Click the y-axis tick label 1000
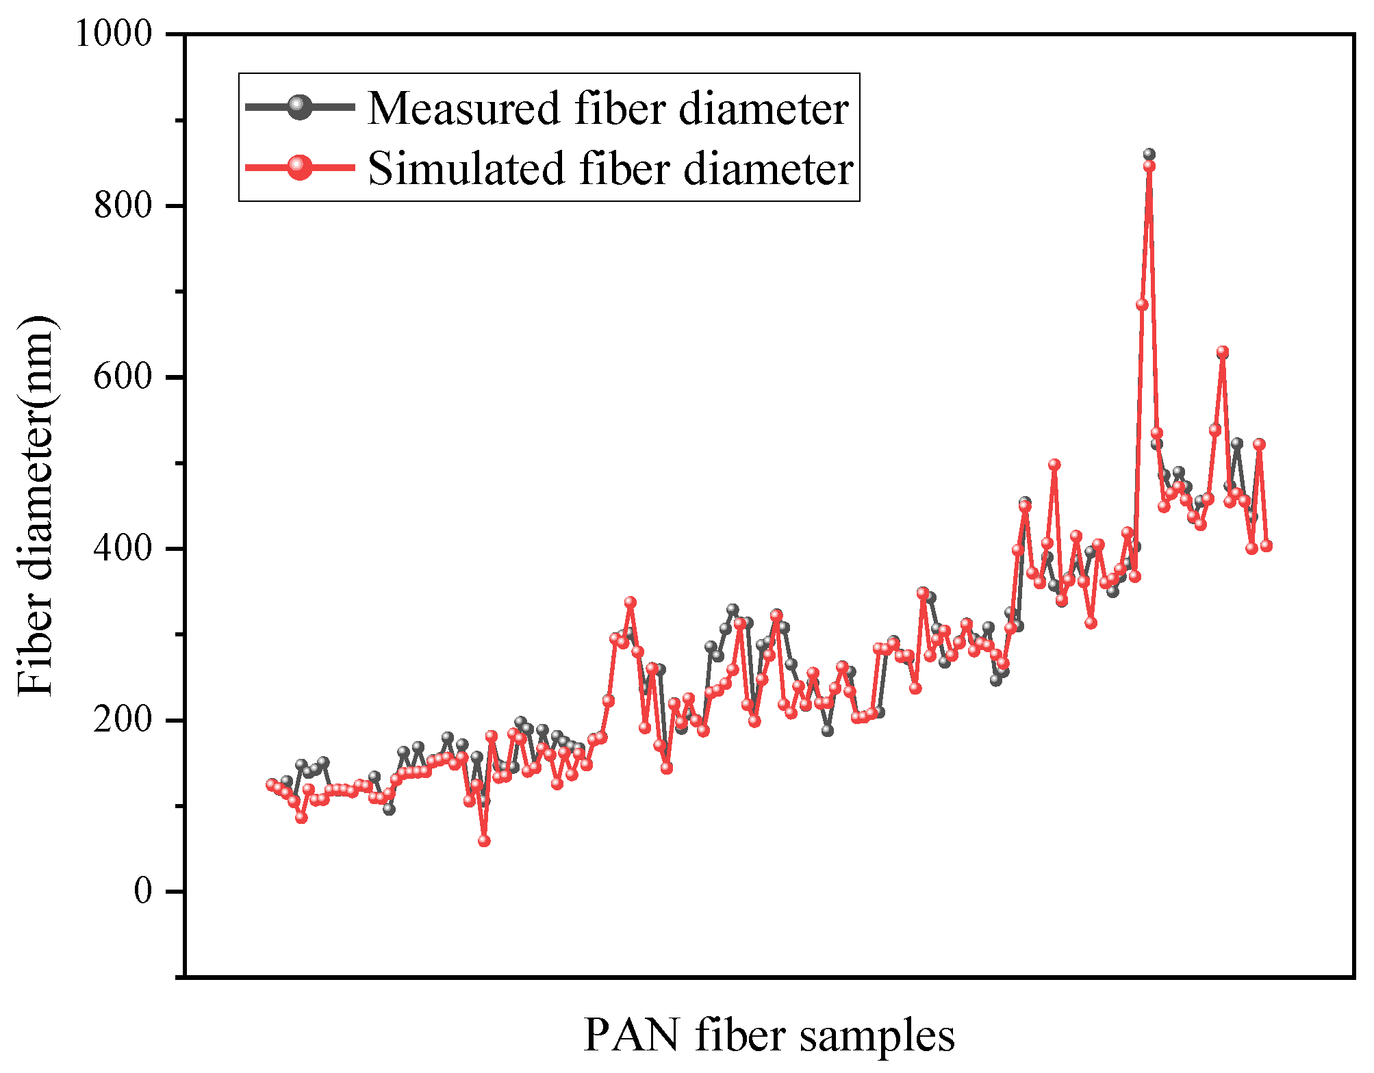point(114,34)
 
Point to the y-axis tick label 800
point(123,205)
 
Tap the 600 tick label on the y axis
point(123,376)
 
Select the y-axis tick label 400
point(123,548)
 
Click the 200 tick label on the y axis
point(123,720)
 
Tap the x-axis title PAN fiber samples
point(769,1035)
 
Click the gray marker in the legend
point(299,107)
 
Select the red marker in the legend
point(299,167)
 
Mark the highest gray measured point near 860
point(1149,155)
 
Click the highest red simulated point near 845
point(1149,166)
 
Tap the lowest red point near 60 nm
point(484,841)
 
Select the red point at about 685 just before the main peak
point(1141,305)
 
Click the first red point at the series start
point(271,784)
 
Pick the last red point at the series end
point(1266,545)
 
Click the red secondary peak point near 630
point(1222,352)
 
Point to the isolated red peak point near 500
point(1054,465)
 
